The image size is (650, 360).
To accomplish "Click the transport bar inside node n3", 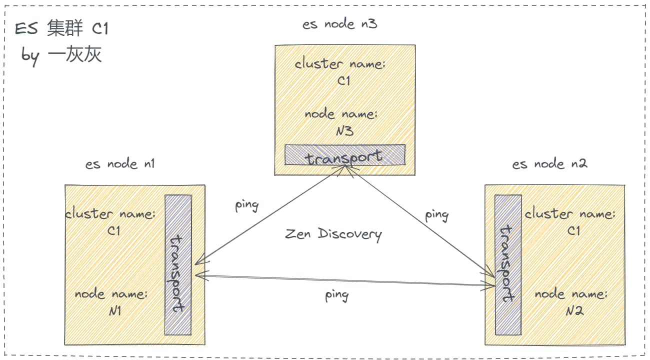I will click(x=344, y=155).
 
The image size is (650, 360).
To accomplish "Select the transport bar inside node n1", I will click(x=178, y=265).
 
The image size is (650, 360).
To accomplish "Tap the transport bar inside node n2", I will click(x=508, y=265).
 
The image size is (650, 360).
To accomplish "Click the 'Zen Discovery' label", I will click(x=333, y=234).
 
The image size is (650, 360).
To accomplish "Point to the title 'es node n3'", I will click(x=339, y=24).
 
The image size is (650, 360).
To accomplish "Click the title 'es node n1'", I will click(x=120, y=164).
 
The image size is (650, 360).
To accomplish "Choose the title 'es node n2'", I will click(x=549, y=164).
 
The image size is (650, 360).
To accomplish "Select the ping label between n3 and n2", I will click(x=436, y=215).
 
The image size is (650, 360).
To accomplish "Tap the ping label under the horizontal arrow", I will click(x=336, y=295).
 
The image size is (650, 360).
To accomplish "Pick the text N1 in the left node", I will click(x=115, y=311).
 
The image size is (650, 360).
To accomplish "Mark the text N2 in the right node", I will click(x=574, y=311).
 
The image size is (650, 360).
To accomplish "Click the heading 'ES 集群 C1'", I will click(x=61, y=29).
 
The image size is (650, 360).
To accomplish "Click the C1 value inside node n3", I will click(x=344, y=81).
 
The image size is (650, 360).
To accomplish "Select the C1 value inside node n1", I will click(x=114, y=231).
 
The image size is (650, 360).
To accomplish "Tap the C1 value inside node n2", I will click(x=573, y=231).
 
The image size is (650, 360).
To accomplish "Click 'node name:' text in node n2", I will click(x=571, y=294).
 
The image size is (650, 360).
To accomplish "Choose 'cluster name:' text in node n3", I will click(x=340, y=64).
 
